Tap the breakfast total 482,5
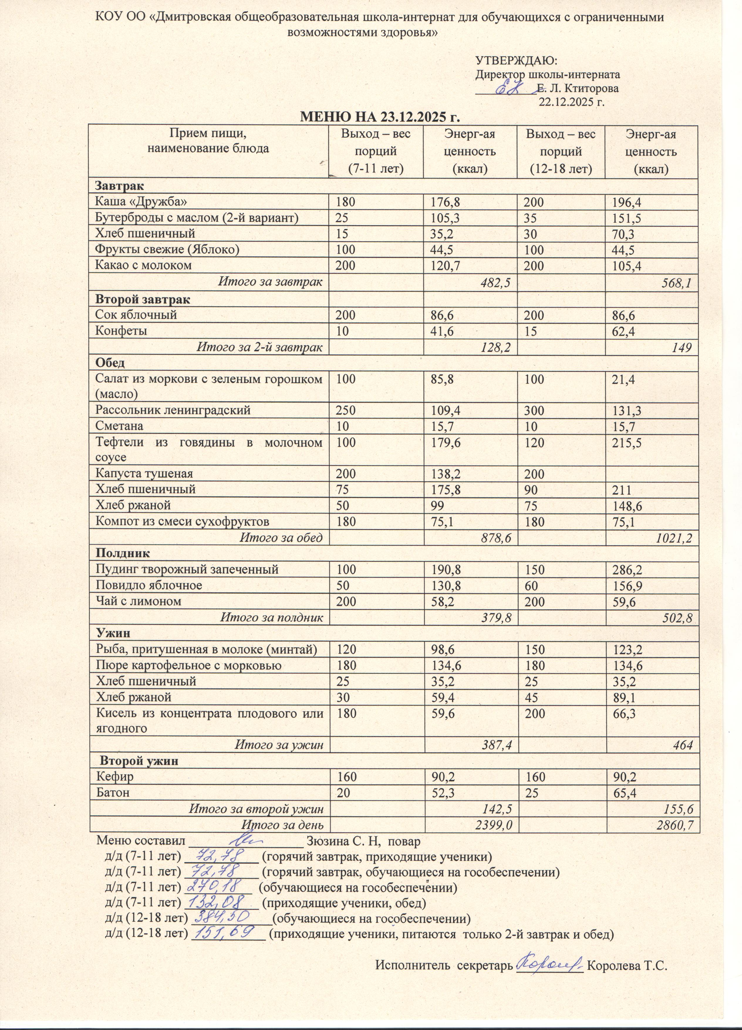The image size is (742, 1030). (x=495, y=283)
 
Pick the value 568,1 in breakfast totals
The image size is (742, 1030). (x=677, y=283)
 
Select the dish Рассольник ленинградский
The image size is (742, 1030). (x=173, y=410)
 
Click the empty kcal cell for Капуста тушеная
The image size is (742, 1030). (x=651, y=474)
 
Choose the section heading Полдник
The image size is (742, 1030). (x=122, y=553)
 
